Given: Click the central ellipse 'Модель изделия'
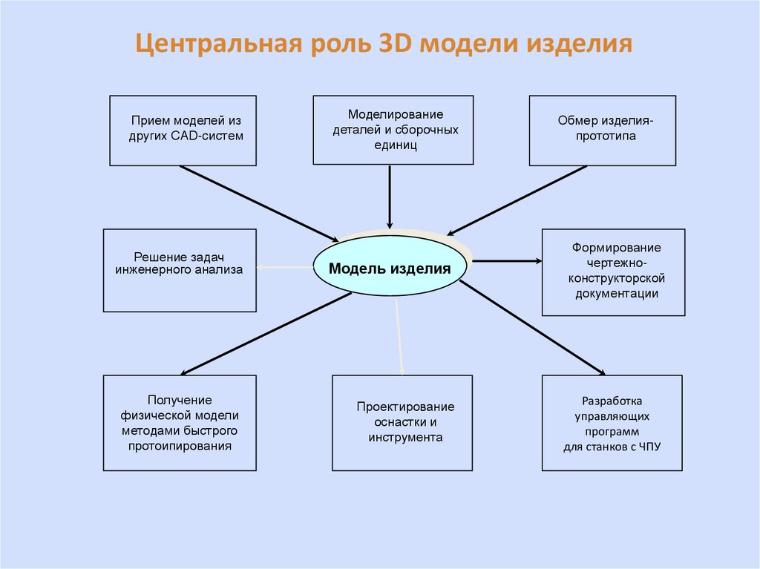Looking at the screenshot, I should [x=390, y=268].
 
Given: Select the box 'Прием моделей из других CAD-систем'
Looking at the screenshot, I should [x=183, y=130].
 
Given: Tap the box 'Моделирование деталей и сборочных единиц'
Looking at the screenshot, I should [x=393, y=130].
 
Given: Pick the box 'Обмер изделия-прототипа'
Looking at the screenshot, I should [x=602, y=130].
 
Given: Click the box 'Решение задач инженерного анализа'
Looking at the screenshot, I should [x=180, y=270].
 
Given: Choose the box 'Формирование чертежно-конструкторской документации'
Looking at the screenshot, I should [x=613, y=272].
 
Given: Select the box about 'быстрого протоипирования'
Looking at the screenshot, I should [x=180, y=423].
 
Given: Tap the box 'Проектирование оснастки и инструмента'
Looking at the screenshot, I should [x=402, y=423].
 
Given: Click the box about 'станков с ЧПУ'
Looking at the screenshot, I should [x=612, y=423].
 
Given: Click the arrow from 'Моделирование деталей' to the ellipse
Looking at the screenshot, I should [x=390, y=197].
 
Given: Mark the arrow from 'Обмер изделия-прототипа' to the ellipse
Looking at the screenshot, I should [x=517, y=200].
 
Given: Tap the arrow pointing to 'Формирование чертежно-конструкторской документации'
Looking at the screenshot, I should [x=507, y=261].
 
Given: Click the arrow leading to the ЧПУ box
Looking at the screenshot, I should [x=532, y=327].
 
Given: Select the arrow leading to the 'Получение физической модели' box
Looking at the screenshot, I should [x=266, y=333].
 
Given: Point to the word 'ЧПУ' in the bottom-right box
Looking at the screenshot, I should [x=646, y=447].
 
